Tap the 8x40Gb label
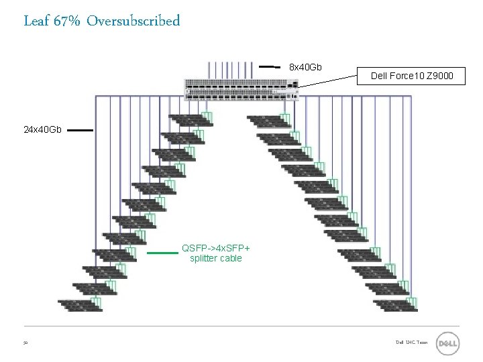click(x=305, y=67)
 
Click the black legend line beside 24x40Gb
click(x=79, y=131)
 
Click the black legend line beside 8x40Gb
click(x=270, y=67)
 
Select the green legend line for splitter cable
click(x=162, y=253)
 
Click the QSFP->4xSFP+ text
click(x=215, y=248)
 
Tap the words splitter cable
click(x=215, y=258)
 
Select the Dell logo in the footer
click(x=447, y=343)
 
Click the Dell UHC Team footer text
click(x=411, y=343)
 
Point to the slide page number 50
click(x=25, y=343)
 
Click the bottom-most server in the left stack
click(x=78, y=305)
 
